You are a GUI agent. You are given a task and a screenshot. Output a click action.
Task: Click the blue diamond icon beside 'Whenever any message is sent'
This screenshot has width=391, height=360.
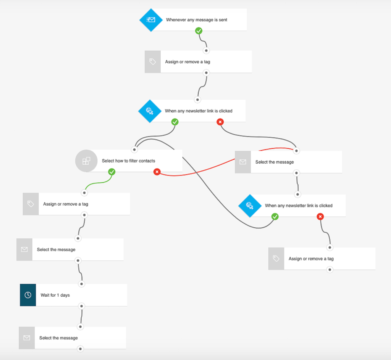(151, 20)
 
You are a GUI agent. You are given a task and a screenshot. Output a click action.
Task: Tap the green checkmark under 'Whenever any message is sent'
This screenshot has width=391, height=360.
(199, 31)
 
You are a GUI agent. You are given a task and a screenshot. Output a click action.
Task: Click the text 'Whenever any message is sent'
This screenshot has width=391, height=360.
(197, 20)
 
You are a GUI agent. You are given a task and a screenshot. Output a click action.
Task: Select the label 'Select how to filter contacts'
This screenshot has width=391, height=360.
(128, 161)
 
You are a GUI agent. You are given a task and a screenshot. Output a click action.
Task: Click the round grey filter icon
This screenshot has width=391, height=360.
(86, 161)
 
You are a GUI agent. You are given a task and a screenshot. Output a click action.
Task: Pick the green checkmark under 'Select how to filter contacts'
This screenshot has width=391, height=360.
(112, 172)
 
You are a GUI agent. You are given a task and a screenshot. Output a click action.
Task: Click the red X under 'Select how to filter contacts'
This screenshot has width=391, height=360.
(157, 172)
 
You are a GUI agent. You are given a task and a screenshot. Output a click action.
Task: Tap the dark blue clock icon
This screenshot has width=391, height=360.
(28, 295)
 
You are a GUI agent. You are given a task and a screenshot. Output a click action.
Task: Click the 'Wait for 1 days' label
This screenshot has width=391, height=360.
(55, 295)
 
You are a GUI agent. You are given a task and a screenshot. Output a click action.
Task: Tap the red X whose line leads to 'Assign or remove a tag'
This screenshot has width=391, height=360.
(320, 217)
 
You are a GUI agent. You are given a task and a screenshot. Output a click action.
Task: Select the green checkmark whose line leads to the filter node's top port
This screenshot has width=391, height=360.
(175, 122)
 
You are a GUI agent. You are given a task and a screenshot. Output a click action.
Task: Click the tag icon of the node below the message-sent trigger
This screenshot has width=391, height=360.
(153, 62)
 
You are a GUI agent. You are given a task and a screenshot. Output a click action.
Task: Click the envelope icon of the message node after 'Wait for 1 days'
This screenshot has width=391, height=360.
(27, 338)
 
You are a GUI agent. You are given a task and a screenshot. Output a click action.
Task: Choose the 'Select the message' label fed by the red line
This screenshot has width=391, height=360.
(275, 162)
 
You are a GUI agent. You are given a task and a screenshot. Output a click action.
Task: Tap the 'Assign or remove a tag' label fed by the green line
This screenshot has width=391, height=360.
(66, 204)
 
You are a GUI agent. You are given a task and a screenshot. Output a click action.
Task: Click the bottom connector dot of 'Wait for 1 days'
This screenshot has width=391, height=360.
(82, 306)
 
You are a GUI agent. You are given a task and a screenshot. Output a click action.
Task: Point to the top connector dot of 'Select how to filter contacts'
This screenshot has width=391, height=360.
(134, 149)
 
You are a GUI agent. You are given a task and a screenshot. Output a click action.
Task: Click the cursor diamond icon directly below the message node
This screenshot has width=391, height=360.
(250, 206)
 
